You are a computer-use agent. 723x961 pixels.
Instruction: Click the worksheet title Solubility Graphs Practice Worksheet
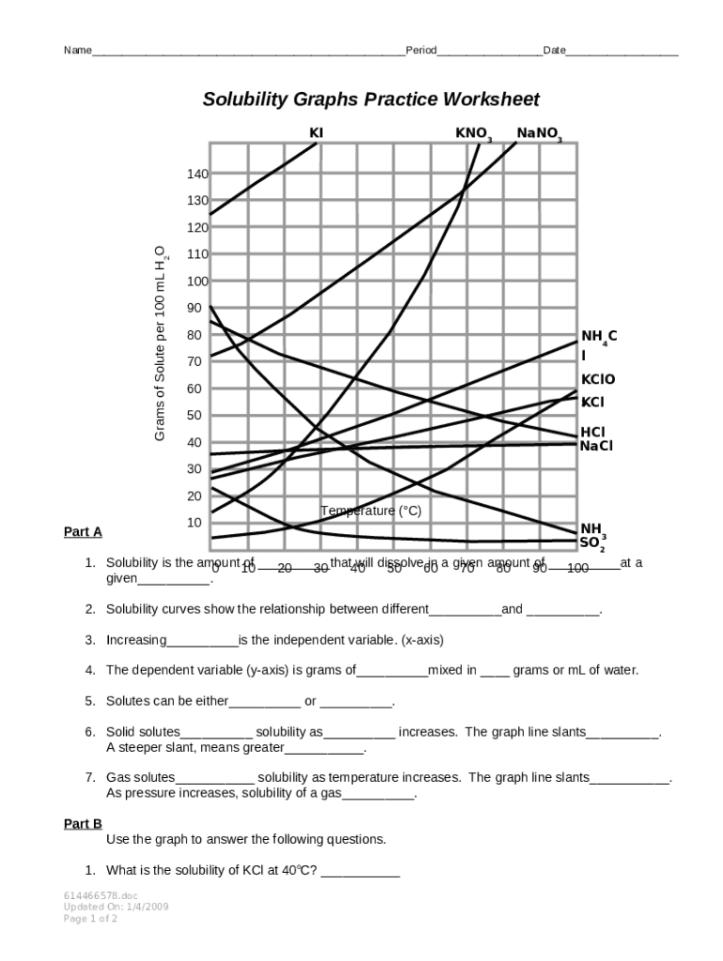[x=371, y=99]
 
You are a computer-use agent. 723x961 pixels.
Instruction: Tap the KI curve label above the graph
[x=316, y=133]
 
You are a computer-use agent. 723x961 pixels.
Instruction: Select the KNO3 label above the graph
[x=473, y=134]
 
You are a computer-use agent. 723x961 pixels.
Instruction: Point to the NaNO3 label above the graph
[x=538, y=134]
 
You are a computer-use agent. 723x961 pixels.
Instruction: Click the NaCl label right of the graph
[x=596, y=446]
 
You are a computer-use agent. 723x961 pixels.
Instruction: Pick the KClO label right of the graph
[x=598, y=379]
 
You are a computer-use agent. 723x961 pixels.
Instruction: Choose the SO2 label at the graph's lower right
[x=592, y=542]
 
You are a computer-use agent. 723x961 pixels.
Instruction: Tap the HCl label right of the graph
[x=592, y=432]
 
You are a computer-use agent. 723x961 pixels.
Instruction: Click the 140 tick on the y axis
[x=197, y=174]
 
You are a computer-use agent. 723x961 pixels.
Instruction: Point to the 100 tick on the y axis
[x=197, y=282]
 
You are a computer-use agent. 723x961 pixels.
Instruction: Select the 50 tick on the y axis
[x=193, y=416]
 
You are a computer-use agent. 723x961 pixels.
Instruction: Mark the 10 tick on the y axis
[x=193, y=523]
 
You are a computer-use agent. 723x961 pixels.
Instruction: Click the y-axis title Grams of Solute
[x=161, y=343]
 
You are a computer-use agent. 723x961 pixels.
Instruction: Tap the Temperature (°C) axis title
[x=371, y=511]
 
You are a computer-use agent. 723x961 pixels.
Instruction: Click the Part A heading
[x=83, y=532]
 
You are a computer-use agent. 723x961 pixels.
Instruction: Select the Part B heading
[x=83, y=824]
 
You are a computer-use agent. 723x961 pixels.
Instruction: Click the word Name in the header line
[x=77, y=50]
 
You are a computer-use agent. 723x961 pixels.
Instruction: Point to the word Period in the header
[x=421, y=50]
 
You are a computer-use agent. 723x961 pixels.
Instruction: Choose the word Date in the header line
[x=554, y=50]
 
